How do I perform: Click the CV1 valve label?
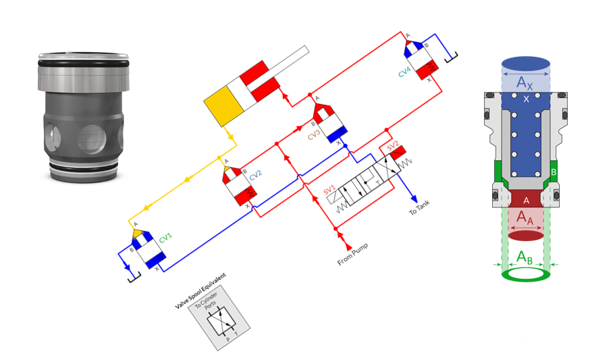[165, 238]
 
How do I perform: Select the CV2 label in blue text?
[255, 175]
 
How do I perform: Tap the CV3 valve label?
[314, 134]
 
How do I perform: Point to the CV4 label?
[404, 72]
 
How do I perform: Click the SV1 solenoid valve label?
[329, 190]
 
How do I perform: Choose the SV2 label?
[392, 146]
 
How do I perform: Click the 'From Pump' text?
[352, 254]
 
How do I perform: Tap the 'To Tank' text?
[419, 207]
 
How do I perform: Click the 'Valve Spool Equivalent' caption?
[200, 290]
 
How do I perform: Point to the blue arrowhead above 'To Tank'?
[414, 199]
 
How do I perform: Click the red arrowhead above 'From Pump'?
[348, 246]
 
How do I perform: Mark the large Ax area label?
[525, 82]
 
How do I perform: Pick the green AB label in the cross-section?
[525, 257]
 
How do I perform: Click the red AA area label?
[525, 217]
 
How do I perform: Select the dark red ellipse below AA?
[526, 236]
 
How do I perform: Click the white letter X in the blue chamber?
[526, 99]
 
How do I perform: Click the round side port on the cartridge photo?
[92, 139]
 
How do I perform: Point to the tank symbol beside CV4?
[452, 58]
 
